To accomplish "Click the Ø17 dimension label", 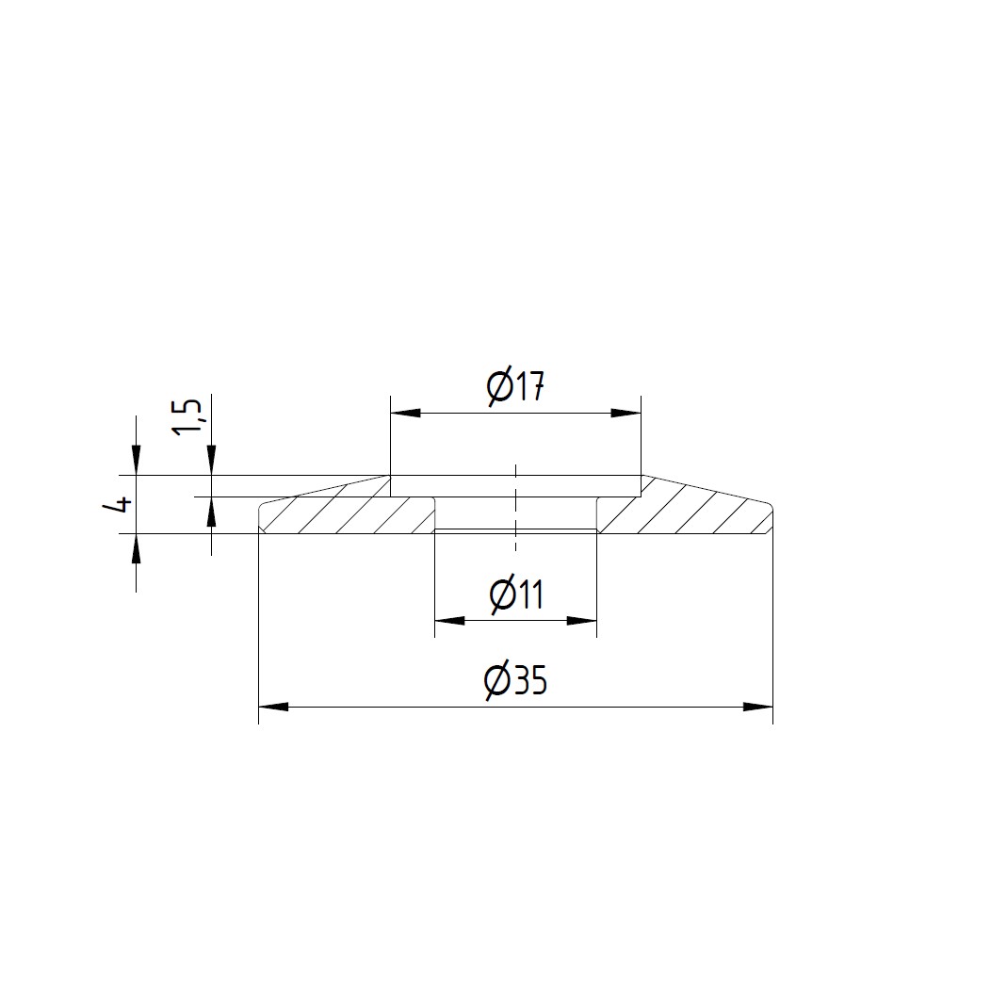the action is pos(515,385).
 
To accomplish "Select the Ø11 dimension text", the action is pos(517,594).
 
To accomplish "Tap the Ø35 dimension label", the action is pos(515,681).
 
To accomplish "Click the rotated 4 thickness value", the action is pos(120,505).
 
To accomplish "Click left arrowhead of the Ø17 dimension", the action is pos(405,413).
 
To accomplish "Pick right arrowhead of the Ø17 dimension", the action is pos(625,413).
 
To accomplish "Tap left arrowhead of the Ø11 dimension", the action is pos(449,621).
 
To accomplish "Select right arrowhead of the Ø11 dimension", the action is pos(582,621).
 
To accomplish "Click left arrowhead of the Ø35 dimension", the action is pos(273,706).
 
